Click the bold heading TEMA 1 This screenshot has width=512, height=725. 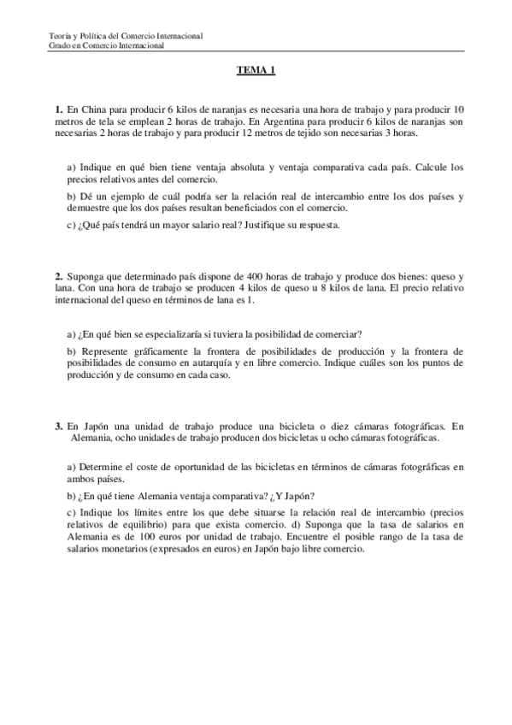click(256, 72)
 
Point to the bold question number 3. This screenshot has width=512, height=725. click(57, 425)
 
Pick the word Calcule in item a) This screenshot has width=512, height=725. click(421, 168)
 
